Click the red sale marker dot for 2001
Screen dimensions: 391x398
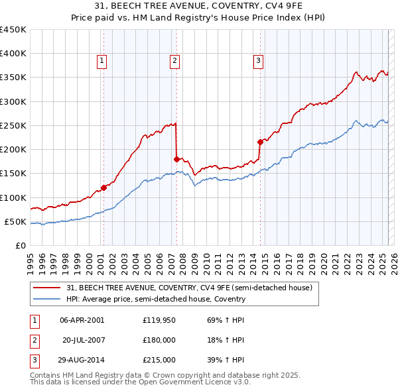103,188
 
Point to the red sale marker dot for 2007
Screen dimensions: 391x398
176,159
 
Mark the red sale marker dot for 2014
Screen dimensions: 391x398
260,141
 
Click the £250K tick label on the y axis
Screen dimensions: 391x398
13,125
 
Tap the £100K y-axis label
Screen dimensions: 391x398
13,197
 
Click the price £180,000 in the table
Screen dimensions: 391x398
159,340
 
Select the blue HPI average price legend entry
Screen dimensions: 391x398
156,299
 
